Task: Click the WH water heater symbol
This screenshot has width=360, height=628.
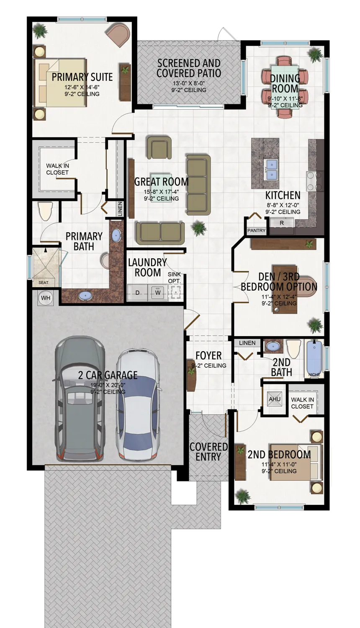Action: click(45, 298)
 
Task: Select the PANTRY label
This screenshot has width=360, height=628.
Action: click(256, 230)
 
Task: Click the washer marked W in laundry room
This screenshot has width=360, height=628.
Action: click(158, 292)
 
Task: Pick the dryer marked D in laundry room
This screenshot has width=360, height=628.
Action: click(137, 292)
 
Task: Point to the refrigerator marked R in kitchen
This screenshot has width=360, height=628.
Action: click(282, 223)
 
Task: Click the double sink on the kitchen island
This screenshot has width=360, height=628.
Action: click(271, 168)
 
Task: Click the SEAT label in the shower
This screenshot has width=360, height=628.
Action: click(44, 283)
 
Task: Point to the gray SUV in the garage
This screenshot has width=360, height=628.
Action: click(80, 398)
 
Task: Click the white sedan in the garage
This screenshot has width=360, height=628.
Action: click(138, 404)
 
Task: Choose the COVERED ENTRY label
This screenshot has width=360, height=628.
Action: click(208, 452)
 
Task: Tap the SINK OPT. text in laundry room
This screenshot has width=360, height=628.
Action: click(175, 277)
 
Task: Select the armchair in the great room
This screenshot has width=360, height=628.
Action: click(159, 147)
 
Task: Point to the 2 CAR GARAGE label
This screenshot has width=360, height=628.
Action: click(108, 375)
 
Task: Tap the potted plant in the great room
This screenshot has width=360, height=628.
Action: click(199, 228)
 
